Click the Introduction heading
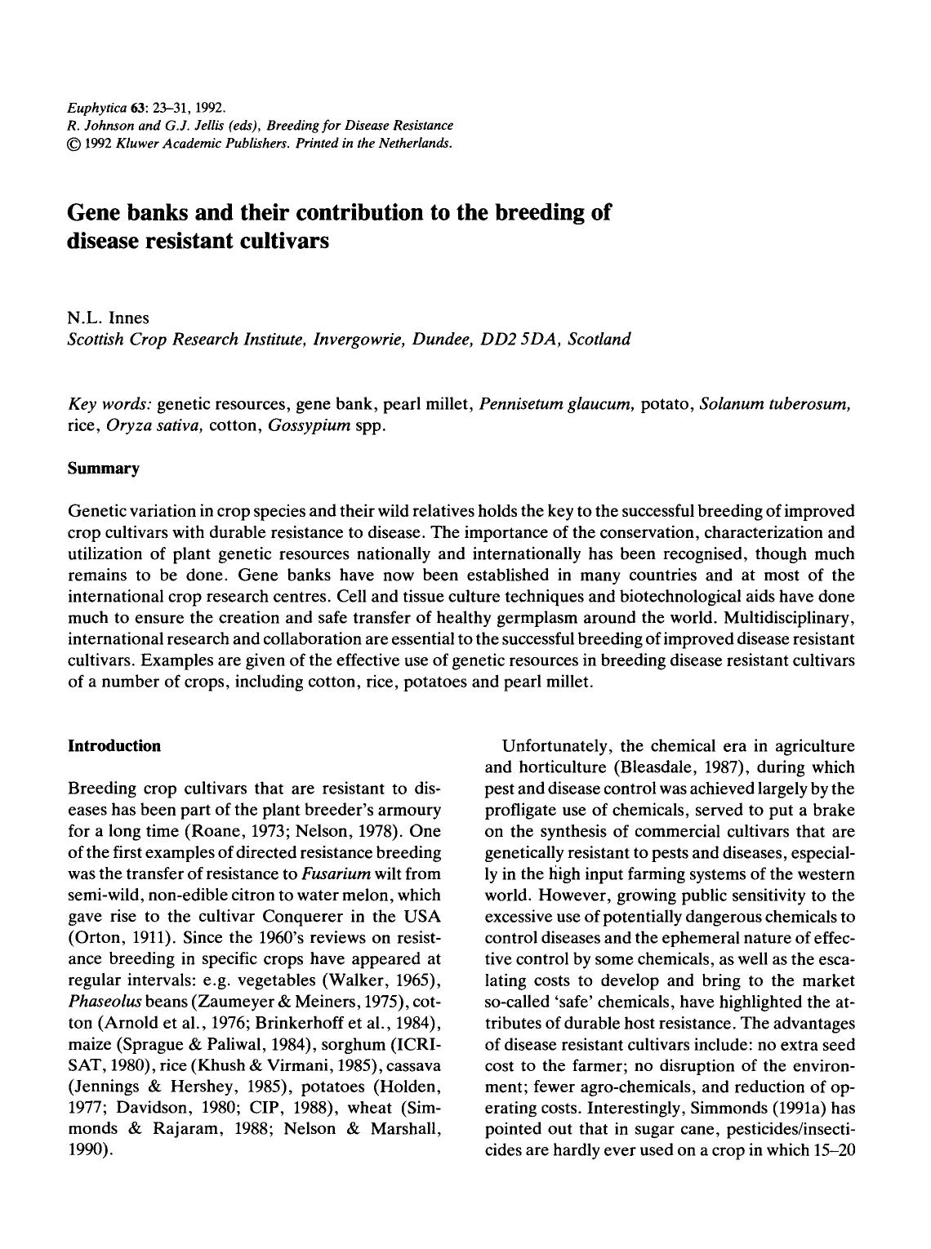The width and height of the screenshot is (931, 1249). pyautogui.click(x=114, y=746)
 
